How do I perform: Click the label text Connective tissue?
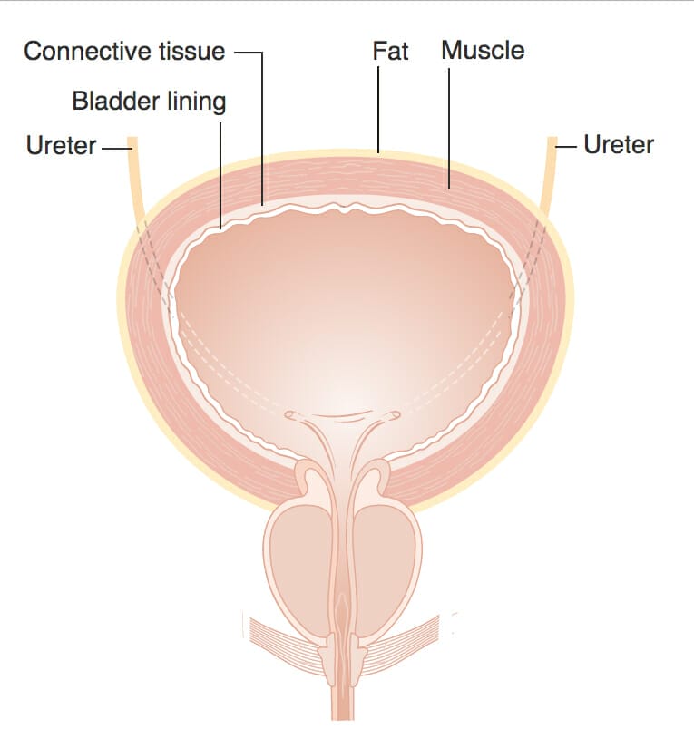click(x=124, y=52)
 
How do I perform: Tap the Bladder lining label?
click(x=149, y=101)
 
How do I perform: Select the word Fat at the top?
click(x=391, y=51)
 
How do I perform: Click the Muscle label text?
click(x=483, y=51)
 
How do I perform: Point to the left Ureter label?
click(x=62, y=145)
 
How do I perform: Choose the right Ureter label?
click(x=619, y=144)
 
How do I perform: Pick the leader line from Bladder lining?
click(x=220, y=172)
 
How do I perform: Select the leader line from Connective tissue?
click(x=262, y=127)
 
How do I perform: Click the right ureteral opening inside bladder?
click(x=393, y=416)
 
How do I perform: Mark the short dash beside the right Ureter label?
click(x=567, y=145)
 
